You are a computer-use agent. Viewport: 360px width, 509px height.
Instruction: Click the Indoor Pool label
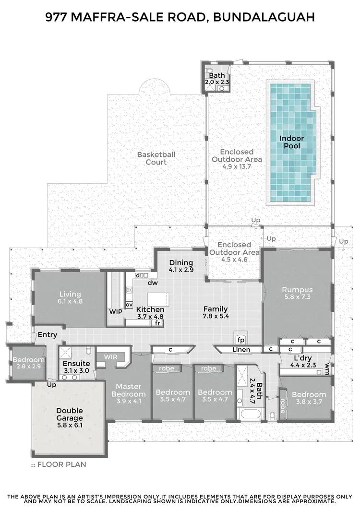[292, 142]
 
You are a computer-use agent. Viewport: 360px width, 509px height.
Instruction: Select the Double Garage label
[70, 414]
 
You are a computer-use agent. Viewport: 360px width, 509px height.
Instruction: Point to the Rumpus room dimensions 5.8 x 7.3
[297, 297]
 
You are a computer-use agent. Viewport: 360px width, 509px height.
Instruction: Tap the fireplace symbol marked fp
[241, 339]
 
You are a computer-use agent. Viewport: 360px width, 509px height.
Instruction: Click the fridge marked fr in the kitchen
[157, 323]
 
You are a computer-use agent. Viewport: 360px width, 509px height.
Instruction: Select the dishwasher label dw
[153, 283]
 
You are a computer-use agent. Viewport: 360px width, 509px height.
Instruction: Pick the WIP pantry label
[116, 311]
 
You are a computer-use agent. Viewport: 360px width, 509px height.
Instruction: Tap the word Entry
[48, 335]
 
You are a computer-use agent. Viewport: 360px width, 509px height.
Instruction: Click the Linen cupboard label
[241, 350]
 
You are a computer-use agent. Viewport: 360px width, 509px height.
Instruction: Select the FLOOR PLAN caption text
[62, 464]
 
